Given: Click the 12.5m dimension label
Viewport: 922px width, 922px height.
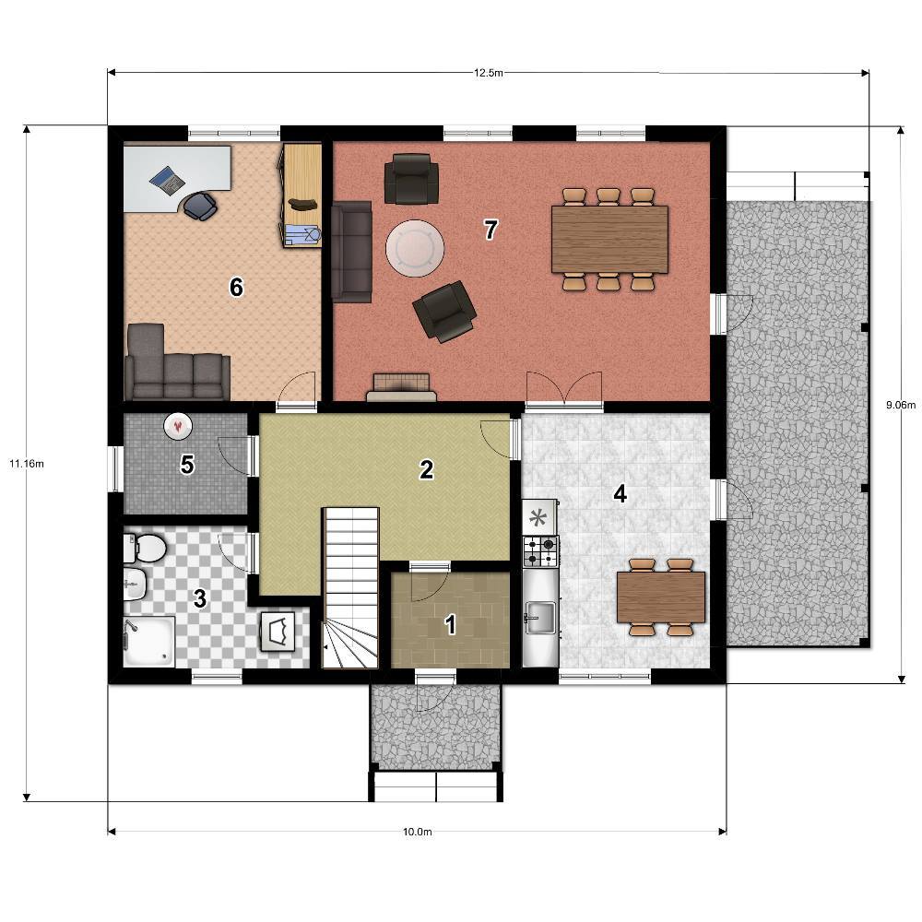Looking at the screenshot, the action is coord(488,73).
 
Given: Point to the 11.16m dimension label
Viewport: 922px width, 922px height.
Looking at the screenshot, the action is coord(27,464).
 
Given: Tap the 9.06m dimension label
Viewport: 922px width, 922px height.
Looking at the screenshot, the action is coord(901,405).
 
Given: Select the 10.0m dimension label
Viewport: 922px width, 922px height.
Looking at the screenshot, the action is coord(418,832).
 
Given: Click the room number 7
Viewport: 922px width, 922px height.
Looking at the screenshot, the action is coord(491,230).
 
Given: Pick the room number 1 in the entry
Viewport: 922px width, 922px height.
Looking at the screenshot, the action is coord(451,624).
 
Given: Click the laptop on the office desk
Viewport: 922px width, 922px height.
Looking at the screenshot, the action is coord(168,181).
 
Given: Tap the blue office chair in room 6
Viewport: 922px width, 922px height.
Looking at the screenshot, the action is coord(200,207).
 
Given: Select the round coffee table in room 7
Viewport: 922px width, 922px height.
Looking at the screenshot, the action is coord(415,247).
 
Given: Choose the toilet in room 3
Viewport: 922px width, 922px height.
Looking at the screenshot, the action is coord(145,548).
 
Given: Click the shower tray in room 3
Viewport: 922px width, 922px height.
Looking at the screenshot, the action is coord(149,641).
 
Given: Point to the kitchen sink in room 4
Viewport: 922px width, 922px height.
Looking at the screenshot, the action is coord(540,618).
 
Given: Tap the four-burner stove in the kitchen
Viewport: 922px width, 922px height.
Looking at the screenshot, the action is coord(540,551).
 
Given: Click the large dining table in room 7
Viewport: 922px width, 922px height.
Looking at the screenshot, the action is coord(609,239).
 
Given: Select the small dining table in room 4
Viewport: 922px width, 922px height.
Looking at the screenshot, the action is coord(661,597).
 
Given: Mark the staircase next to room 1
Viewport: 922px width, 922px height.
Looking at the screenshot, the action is coord(350,588).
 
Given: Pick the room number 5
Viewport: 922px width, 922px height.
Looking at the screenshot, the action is coord(187,465).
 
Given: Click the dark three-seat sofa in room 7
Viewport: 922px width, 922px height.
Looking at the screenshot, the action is coord(351,252).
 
